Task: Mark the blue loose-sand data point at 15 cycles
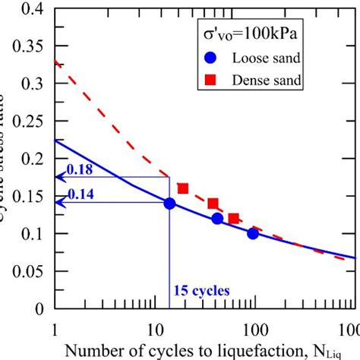[169, 204]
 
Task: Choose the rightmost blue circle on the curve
[253, 233]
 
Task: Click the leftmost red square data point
[182, 188]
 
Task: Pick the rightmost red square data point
[234, 219]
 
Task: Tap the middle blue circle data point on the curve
[217, 219]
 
